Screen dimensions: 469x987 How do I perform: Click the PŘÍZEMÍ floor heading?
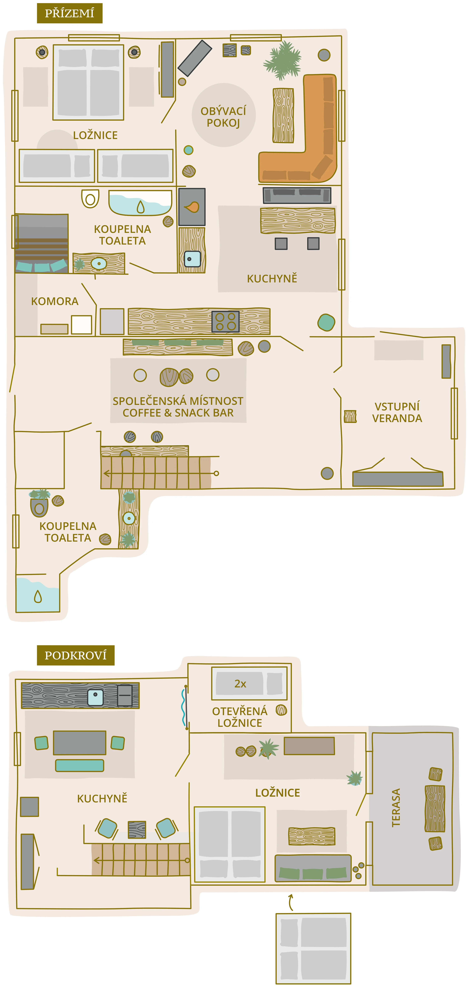[x=69, y=13]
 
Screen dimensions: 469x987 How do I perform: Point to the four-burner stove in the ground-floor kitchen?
[x=225, y=321]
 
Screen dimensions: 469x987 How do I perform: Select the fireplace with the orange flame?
[x=192, y=207]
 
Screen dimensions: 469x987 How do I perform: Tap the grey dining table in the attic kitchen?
[x=79, y=743]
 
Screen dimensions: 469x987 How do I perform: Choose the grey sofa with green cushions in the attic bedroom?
[x=313, y=868]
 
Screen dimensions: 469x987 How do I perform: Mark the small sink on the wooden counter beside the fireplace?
[x=192, y=259]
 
